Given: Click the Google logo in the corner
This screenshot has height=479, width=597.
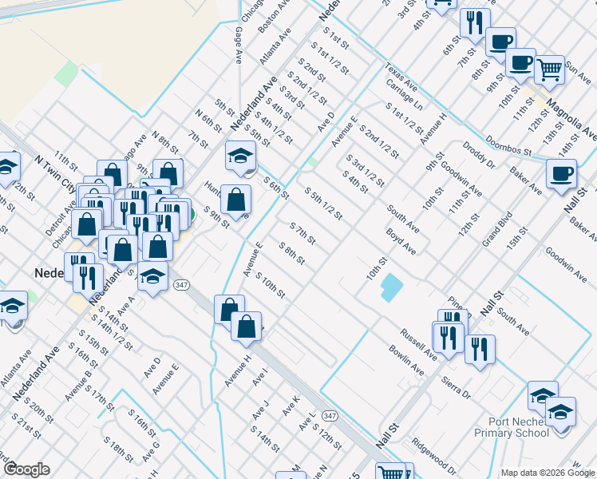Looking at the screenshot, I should pyautogui.click(x=26, y=469).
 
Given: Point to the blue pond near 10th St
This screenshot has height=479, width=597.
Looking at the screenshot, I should pyautogui.click(x=391, y=287).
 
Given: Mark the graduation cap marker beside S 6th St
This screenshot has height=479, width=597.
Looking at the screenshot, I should pyautogui.click(x=239, y=156).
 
